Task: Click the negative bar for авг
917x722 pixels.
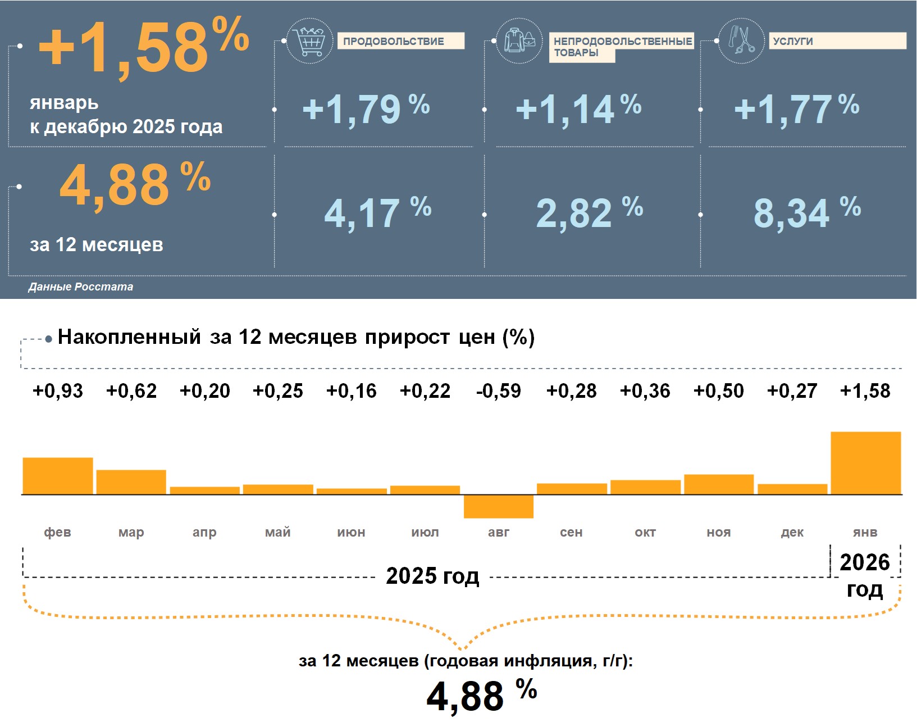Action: click(498, 506)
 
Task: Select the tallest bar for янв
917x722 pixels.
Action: click(865, 463)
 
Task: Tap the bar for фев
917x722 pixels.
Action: click(58, 476)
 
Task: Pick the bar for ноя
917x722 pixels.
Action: click(719, 484)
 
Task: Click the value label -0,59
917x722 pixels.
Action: click(498, 390)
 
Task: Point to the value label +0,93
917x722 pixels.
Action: click(58, 390)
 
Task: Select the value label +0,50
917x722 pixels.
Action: click(719, 390)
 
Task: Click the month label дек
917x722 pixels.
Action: click(792, 532)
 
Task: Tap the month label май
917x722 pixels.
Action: click(278, 532)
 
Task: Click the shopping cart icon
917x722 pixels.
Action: click(309, 40)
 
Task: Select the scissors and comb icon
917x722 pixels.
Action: click(741, 40)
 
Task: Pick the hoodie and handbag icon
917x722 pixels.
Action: click(519, 40)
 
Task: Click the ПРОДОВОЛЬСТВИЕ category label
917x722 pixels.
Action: click(394, 41)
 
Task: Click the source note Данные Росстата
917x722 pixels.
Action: click(81, 287)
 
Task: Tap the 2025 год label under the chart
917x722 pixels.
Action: click(432, 576)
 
